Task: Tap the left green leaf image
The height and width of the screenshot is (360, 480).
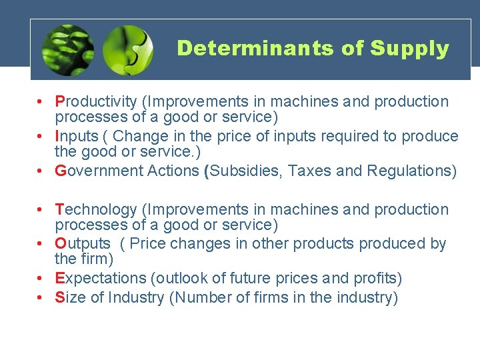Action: (x=67, y=50)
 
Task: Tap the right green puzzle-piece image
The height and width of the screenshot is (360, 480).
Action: (x=127, y=50)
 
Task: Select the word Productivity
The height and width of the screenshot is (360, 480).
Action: (x=97, y=102)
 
